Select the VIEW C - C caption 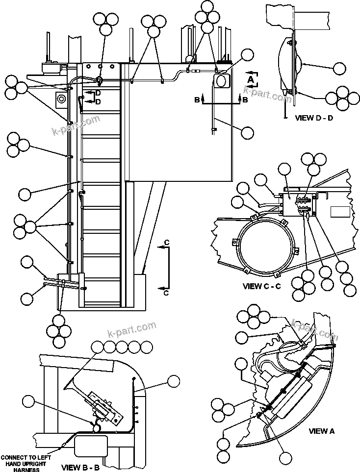261,286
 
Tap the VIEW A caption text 321,431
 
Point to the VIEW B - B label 80,467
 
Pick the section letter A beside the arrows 251,78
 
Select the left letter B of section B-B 197,99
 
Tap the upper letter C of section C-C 167,243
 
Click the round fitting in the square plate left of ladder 61,99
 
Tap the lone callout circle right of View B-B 174,381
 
